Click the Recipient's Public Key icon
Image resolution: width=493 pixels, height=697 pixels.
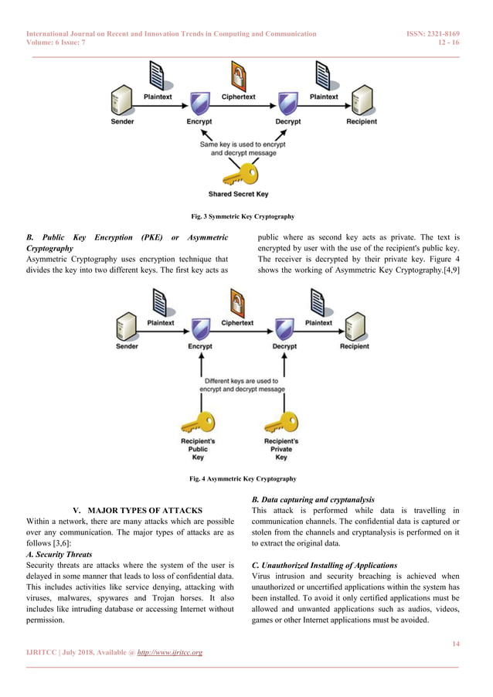point(198,423)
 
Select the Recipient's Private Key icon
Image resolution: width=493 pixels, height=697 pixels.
point(281,423)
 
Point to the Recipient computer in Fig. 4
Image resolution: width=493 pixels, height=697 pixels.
point(355,325)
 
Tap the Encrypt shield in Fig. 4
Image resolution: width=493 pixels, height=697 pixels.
point(200,328)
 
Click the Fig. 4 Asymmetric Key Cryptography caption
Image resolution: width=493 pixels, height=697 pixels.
point(243,479)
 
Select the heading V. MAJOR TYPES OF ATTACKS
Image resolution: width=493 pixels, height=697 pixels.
point(136,511)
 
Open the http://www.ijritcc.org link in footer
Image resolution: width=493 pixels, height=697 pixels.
point(169,653)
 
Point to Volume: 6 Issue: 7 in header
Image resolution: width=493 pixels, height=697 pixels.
point(58,44)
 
